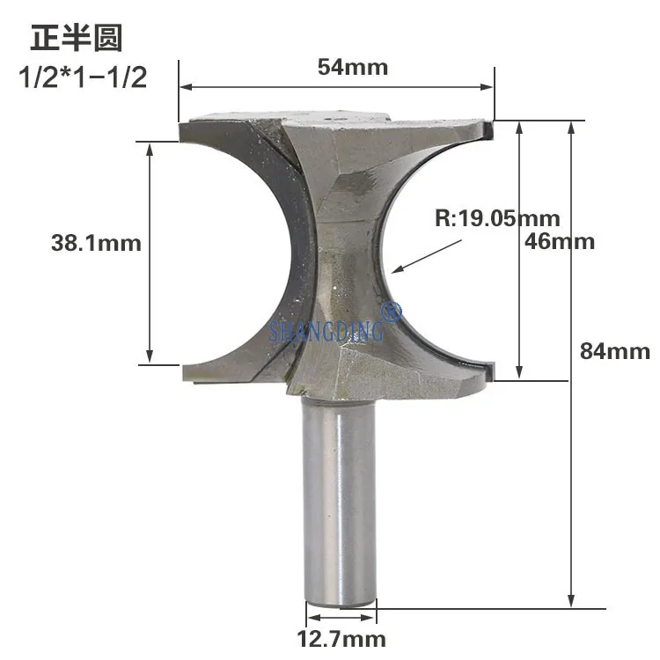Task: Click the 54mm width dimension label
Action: coord(353,68)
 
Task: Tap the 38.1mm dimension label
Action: coord(96,243)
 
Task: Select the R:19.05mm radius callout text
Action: coord(497,218)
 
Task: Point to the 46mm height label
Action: coord(560,242)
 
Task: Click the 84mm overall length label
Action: coord(615,351)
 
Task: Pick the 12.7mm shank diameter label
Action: coord(341,639)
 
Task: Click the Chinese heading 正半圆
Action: coord(77,38)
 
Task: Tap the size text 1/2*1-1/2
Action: coord(83,77)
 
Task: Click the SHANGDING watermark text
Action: coord(326,330)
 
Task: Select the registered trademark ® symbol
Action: coord(391,311)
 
